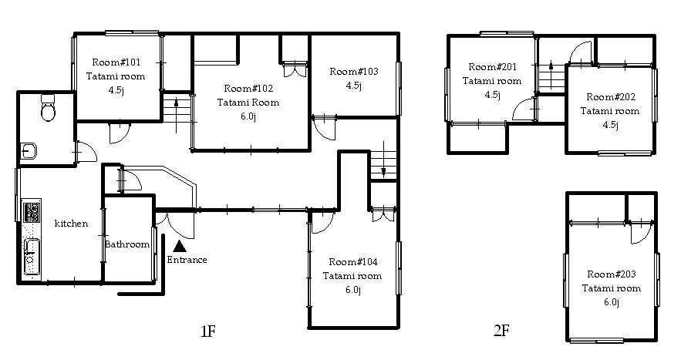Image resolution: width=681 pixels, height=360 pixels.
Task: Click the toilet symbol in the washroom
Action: (x=47, y=107)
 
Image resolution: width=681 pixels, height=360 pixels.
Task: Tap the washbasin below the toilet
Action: (x=29, y=151)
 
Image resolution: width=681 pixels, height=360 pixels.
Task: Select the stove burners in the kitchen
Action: (x=32, y=212)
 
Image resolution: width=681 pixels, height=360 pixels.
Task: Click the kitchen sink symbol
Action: (x=32, y=257)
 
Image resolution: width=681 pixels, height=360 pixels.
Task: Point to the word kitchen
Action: (x=71, y=224)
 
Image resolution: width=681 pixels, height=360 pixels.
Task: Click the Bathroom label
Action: (x=127, y=244)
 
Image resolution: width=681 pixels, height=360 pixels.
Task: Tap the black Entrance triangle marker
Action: (x=180, y=247)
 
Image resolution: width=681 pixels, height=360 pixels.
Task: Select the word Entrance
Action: (x=187, y=260)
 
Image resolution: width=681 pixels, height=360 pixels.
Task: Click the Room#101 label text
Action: (x=116, y=62)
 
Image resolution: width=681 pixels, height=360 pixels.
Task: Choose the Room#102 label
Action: (x=248, y=88)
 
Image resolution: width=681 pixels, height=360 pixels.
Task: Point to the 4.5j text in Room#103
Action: (x=353, y=86)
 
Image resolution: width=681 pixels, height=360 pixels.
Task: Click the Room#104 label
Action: (x=353, y=262)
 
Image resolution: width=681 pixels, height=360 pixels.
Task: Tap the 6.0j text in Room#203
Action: (x=611, y=302)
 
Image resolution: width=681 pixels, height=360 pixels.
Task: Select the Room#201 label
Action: (x=493, y=67)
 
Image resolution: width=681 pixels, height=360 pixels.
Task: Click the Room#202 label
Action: (x=611, y=97)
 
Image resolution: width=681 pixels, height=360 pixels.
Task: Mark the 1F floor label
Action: (x=208, y=331)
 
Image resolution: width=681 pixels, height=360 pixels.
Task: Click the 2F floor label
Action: (x=501, y=331)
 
